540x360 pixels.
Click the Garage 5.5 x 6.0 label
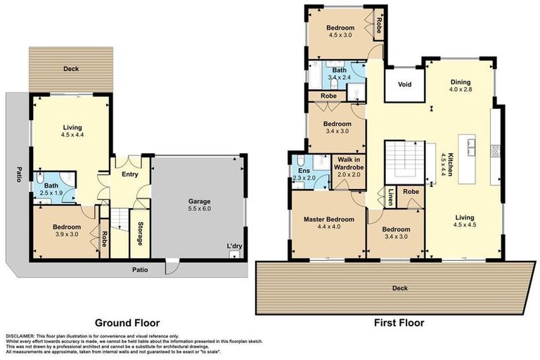(198, 205)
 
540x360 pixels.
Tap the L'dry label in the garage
(234, 245)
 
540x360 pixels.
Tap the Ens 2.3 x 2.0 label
(305, 174)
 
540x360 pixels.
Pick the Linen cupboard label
(390, 197)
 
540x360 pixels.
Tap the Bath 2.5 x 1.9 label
(53, 189)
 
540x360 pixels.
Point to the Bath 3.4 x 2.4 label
(339, 75)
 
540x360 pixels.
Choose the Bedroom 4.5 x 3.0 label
(340, 33)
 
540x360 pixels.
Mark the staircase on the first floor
(404, 160)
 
